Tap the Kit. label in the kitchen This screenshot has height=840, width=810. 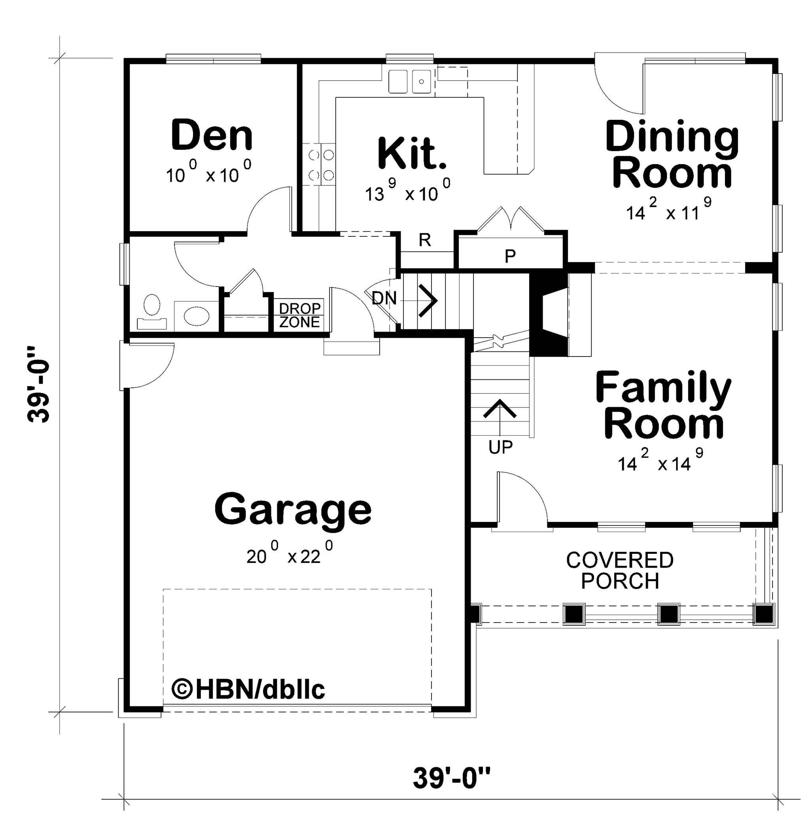(x=412, y=153)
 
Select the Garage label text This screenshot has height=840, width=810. (x=293, y=510)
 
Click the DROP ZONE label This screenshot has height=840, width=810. (x=300, y=315)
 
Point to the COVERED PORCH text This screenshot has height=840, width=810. (x=620, y=570)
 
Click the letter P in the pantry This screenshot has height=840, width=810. (x=510, y=256)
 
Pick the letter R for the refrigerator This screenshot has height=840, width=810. (x=424, y=240)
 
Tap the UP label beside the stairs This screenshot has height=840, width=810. (x=500, y=447)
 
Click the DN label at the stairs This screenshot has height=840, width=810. (x=384, y=298)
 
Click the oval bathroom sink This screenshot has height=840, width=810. (x=197, y=316)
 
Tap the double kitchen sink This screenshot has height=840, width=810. (x=410, y=82)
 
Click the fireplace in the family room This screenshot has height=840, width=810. (x=549, y=315)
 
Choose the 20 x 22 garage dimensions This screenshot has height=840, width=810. (x=290, y=553)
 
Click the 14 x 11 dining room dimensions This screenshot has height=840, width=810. (x=669, y=210)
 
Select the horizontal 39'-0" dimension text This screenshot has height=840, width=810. (x=451, y=778)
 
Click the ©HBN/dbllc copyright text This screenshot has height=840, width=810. (x=248, y=689)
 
